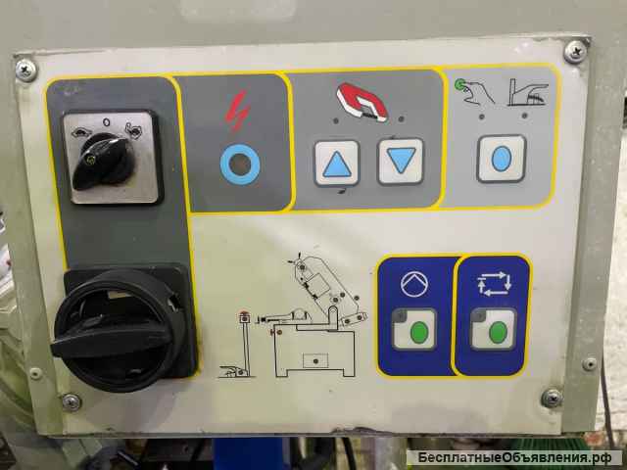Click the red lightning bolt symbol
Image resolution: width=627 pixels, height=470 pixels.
[x=237, y=111]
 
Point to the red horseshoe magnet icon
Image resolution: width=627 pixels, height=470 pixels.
[x=362, y=102]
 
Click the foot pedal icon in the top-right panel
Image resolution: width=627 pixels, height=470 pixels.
[x=528, y=93]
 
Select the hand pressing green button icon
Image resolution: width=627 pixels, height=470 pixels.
[x=474, y=91]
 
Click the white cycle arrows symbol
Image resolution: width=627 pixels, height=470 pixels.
[x=494, y=284]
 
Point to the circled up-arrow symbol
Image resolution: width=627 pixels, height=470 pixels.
[x=414, y=284]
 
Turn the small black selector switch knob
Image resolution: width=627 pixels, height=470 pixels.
[x=103, y=161]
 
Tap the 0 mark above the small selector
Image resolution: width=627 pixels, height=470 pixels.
[x=106, y=121]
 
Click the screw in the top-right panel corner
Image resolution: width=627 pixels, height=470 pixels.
[x=575, y=52]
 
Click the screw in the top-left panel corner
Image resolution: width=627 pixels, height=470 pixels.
[x=26, y=70]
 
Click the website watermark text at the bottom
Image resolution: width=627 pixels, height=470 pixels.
[x=514, y=457]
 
